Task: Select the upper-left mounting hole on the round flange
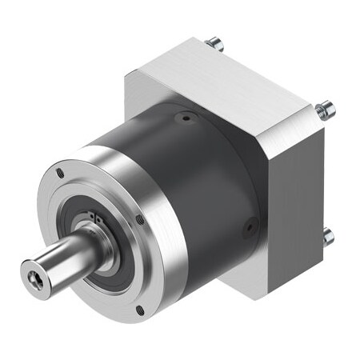coord(60,171)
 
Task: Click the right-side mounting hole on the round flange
coord(140,218)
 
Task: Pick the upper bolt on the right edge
coord(323,109)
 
